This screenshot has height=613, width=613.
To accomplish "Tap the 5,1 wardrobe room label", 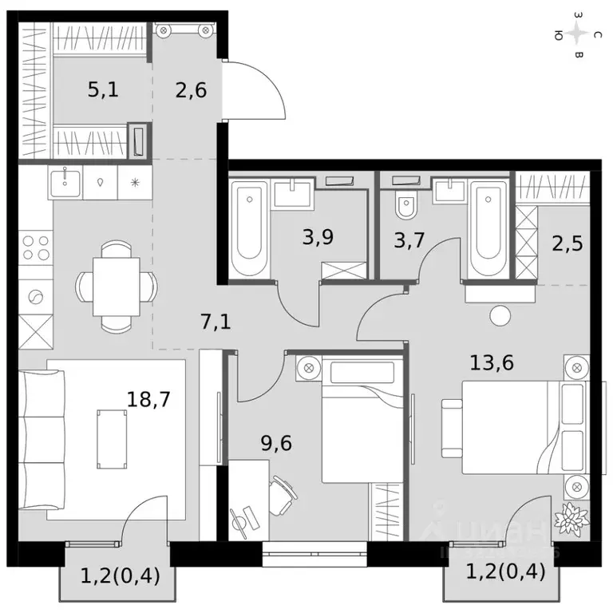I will [x=103, y=89].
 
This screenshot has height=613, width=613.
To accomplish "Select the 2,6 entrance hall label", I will [x=191, y=89].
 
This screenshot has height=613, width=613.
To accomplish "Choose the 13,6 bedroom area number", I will [x=491, y=363].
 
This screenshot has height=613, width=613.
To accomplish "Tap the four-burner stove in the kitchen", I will [x=35, y=247].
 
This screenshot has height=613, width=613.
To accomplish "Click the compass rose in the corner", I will [x=578, y=34].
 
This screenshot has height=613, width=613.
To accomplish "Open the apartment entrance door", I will [x=251, y=92].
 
